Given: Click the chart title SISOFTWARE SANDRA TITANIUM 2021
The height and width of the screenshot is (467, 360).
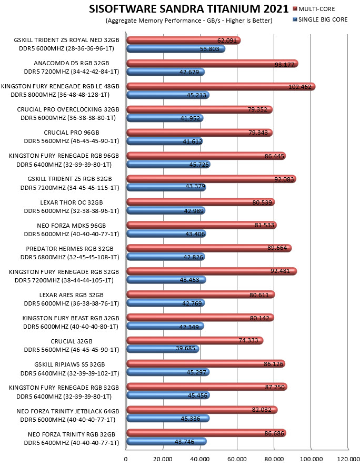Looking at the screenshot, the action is (188, 9).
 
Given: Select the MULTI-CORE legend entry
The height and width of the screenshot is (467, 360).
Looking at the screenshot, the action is (314, 9).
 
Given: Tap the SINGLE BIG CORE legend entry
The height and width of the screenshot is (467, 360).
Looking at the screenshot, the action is (321, 19).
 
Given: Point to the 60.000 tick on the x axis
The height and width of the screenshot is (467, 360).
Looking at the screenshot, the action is (237, 459).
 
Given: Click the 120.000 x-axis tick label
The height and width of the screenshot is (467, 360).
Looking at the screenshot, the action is (348, 459).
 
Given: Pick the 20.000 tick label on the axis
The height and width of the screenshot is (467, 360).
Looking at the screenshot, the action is (163, 459).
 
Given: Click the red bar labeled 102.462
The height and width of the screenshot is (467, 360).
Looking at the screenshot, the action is (221, 87).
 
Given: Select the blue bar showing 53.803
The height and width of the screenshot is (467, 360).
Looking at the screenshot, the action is (176, 49).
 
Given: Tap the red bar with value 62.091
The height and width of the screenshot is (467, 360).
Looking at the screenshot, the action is (184, 40).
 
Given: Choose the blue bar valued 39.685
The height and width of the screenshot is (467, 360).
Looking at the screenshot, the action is (163, 349).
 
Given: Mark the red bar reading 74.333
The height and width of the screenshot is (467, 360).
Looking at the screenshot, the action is (195, 340).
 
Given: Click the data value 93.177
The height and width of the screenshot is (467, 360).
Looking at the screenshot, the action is (284, 65).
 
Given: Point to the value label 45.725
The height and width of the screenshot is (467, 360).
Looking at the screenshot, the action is (199, 165).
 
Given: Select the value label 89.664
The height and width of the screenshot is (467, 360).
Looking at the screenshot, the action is (277, 248).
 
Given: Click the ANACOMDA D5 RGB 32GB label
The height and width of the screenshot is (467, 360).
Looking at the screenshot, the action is (72, 63).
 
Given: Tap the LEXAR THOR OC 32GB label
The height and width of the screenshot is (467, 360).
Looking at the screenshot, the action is (72, 202).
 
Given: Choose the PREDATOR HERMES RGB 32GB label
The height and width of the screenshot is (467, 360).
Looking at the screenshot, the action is (69, 249).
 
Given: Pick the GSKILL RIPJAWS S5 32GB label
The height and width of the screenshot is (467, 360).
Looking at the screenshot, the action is (69, 364).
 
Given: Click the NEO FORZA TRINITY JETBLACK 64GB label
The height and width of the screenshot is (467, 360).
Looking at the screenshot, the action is (68, 411).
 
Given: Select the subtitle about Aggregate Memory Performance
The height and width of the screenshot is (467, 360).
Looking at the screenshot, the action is (189, 21).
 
